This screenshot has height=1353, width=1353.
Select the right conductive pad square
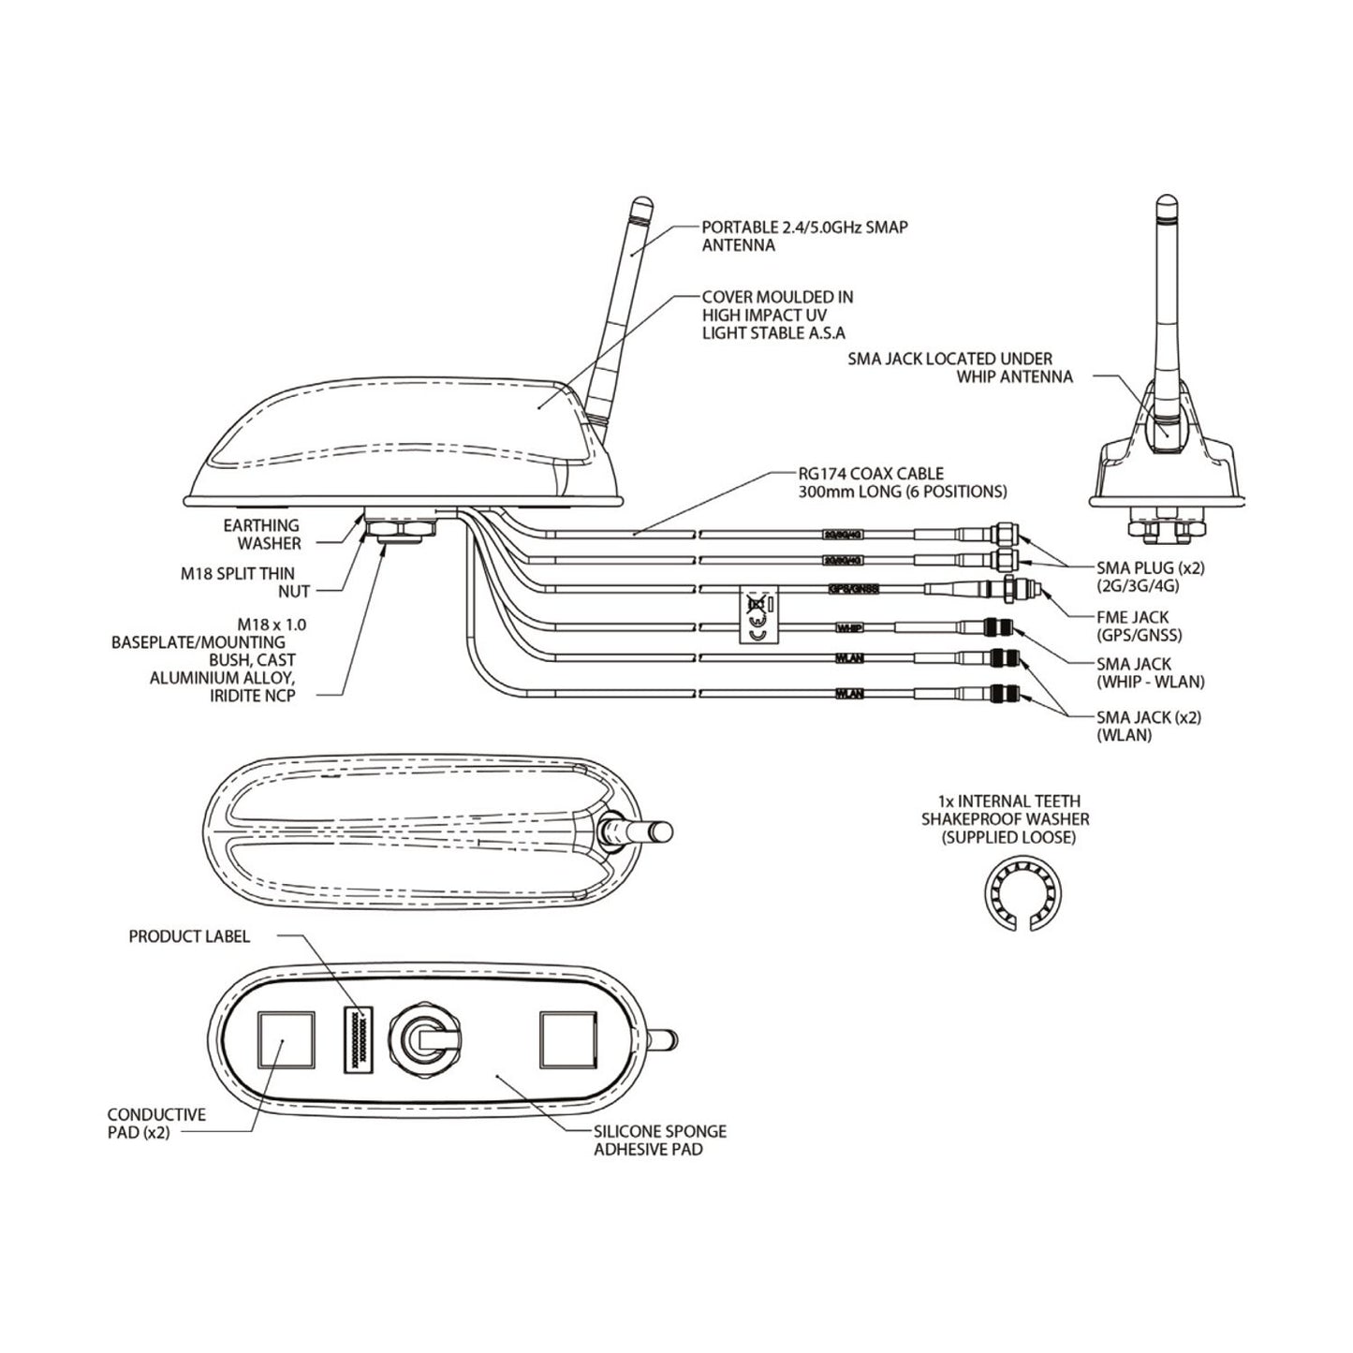(568, 1038)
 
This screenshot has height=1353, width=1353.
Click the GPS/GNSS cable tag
(853, 590)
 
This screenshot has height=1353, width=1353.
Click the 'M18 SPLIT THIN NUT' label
(250, 581)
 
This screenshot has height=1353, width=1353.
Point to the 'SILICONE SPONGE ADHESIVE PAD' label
(659, 1140)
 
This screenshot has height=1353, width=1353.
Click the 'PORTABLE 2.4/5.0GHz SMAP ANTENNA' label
(804, 236)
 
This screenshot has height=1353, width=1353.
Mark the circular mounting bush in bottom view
(421, 1040)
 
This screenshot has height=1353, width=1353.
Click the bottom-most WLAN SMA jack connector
(1005, 694)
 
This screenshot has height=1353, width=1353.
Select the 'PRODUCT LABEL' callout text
(189, 936)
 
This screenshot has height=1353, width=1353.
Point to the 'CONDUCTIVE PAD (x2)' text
(155, 1124)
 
